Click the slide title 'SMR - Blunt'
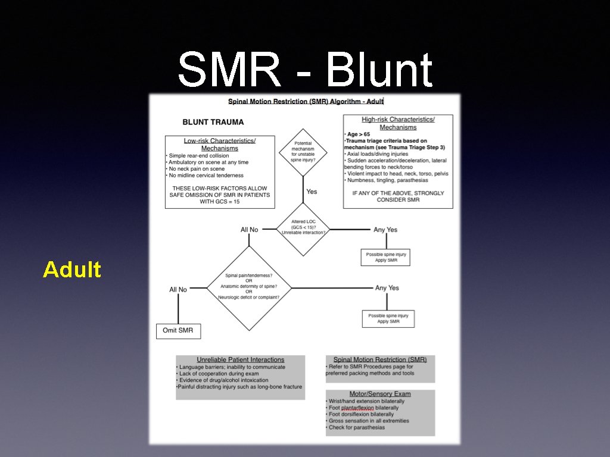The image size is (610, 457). tap(304, 70)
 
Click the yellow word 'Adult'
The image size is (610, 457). tap(72, 270)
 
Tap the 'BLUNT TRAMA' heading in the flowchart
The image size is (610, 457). tap(213, 122)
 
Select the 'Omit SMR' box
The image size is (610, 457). tap(178, 330)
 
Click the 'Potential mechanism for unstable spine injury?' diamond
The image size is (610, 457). tap(303, 152)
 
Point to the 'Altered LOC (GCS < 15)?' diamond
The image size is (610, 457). tap(303, 229)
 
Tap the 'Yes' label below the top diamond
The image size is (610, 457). tap(312, 192)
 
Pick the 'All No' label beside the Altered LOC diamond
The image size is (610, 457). tap(249, 230)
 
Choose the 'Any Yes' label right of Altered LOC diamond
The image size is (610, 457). tap(385, 230)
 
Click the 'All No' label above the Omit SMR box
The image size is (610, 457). tap(178, 290)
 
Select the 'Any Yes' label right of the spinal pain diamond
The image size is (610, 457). tap(387, 288)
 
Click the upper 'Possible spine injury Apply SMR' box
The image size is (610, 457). tap(386, 258)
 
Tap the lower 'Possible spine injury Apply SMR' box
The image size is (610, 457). tap(388, 318)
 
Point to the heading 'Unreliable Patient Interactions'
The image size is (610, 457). tap(241, 359)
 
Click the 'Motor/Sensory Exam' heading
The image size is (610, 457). tap(379, 394)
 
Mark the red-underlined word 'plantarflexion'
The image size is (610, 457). tap(357, 408)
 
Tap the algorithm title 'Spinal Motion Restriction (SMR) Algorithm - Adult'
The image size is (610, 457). tap(306, 102)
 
